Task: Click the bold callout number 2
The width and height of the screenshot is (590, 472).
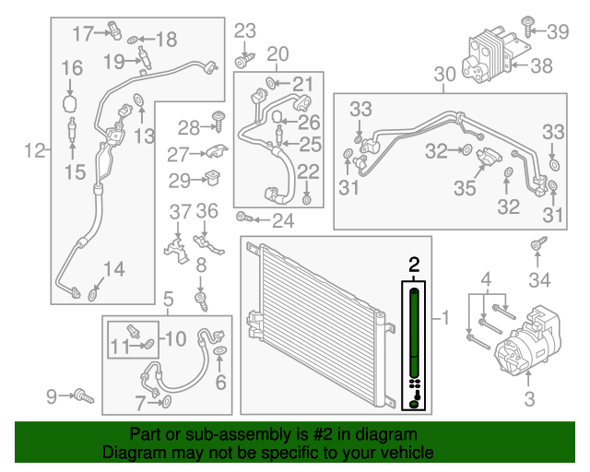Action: (x=414, y=265)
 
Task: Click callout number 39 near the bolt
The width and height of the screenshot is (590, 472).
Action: (x=559, y=32)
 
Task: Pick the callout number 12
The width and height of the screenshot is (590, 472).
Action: (x=33, y=150)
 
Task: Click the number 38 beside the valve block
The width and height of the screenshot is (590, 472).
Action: (x=541, y=65)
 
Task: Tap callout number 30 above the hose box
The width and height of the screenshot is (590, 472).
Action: (x=444, y=74)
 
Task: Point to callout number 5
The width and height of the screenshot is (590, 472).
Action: (x=168, y=298)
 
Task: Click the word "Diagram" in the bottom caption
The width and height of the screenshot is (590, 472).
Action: (x=132, y=454)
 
